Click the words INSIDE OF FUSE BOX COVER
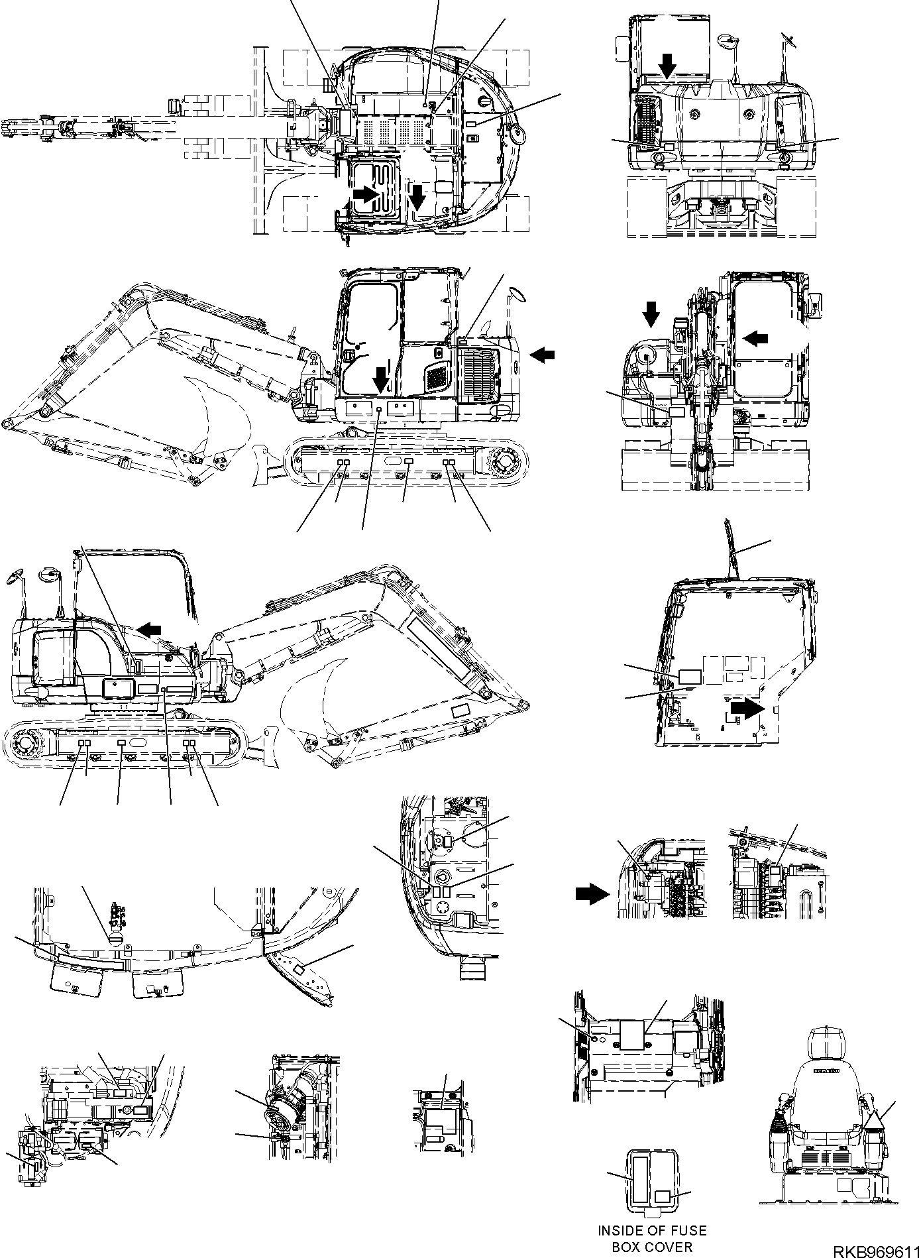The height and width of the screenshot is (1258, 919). coord(651,1239)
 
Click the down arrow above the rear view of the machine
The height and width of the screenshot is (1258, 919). coord(668,65)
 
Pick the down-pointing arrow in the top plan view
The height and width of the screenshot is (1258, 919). coord(417,196)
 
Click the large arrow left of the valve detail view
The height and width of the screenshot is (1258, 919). coord(591,895)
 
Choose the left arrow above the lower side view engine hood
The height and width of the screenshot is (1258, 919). coord(149,627)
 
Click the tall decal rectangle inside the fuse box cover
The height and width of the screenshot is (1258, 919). coord(639,1176)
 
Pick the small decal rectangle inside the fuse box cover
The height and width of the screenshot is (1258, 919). coord(663,1195)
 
